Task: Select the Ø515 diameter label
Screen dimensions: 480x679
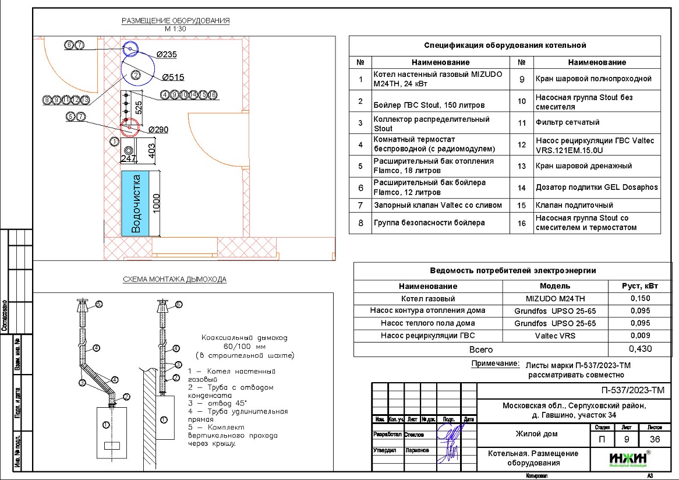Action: pyautogui.click(x=173, y=77)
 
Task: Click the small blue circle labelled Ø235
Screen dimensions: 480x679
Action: pyautogui.click(x=130, y=49)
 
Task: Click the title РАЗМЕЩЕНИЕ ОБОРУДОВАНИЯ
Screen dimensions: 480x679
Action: pyautogui.click(x=175, y=21)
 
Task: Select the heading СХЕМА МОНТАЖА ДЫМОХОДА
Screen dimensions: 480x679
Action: pyautogui.click(x=175, y=280)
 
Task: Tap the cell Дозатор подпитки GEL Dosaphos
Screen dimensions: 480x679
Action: pyautogui.click(x=596, y=188)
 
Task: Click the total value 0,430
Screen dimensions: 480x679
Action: pyautogui.click(x=641, y=349)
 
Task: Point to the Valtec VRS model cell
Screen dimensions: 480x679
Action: pyautogui.click(x=554, y=335)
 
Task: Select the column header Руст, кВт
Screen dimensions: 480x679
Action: pyautogui.click(x=641, y=286)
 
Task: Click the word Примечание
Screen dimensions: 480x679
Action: pyautogui.click(x=494, y=363)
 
